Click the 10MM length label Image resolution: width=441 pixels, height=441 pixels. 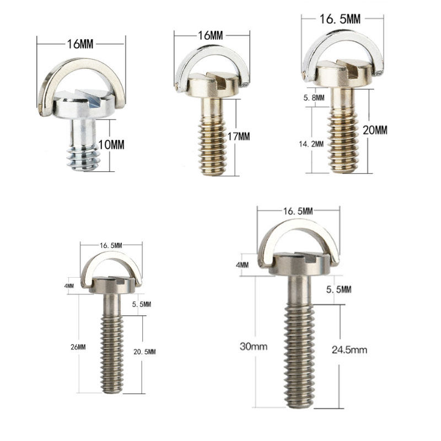(111, 145)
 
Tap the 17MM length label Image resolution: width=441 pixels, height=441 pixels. (239, 137)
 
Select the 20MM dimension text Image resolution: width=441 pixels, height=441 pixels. (375, 130)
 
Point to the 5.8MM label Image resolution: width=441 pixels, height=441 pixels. (314, 98)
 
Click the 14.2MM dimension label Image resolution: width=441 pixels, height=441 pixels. (311, 144)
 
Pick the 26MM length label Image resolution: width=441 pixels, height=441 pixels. (78, 347)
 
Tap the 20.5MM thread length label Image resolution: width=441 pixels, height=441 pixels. (144, 352)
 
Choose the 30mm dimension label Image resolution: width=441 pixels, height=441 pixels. (254, 347)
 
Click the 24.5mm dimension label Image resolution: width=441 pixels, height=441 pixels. (349, 350)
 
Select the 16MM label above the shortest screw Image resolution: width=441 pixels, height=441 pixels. (80, 44)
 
